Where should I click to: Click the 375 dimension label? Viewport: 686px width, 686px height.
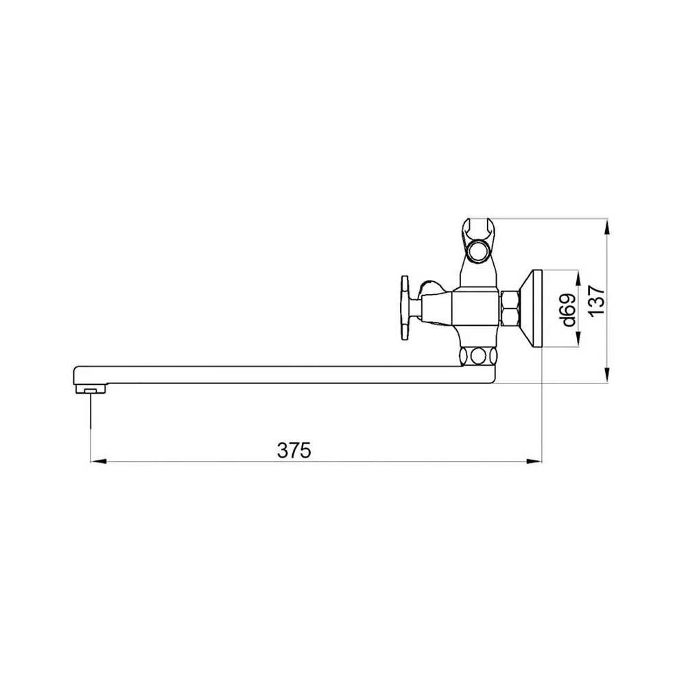click(x=294, y=450)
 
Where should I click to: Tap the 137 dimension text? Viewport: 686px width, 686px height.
click(x=596, y=301)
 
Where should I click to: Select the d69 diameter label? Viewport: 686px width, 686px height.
click(x=569, y=310)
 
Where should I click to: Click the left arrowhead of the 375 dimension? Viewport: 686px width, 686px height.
click(x=98, y=461)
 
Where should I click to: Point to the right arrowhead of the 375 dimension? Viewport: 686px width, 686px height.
click(x=534, y=461)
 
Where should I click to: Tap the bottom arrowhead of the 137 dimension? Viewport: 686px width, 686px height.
click(x=607, y=375)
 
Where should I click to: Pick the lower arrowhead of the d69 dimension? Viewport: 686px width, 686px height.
click(x=578, y=339)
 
